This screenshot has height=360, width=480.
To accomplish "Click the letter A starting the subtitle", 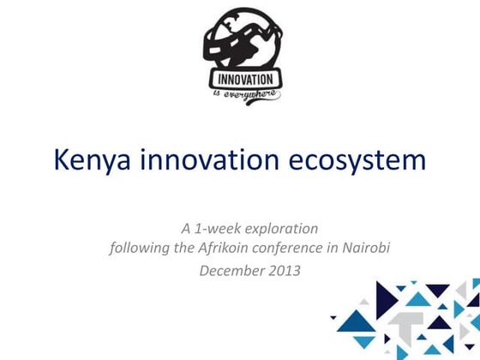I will (185, 229).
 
